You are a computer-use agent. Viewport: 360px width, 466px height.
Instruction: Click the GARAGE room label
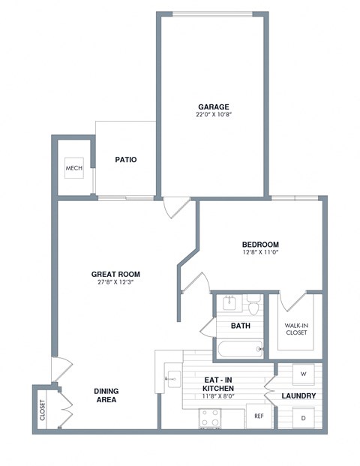pyautogui.click(x=214, y=107)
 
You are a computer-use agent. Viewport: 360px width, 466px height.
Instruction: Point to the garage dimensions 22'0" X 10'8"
pyautogui.click(x=214, y=116)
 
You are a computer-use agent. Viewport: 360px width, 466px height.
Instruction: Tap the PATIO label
pyautogui.click(x=124, y=160)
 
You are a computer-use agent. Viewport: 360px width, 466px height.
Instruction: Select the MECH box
pyautogui.click(x=73, y=168)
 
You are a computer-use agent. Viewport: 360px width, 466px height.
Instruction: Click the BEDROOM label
pyautogui.click(x=260, y=245)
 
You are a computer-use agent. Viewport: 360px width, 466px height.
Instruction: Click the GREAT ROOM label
pyautogui.click(x=115, y=275)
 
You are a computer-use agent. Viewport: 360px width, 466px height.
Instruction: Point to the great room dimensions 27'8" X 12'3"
pyautogui.click(x=115, y=284)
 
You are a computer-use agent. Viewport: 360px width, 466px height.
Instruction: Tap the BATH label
pyautogui.click(x=240, y=326)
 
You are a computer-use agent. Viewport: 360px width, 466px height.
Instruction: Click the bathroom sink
pyautogui.click(x=229, y=304)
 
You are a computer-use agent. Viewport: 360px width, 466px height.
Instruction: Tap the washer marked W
pyautogui.click(x=303, y=373)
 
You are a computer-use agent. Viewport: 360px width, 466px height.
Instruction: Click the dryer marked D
pyautogui.click(x=303, y=417)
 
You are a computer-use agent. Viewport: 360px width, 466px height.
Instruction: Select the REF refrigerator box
pyautogui.click(x=259, y=415)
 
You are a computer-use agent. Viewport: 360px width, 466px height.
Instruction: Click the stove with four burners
pyautogui.click(x=209, y=416)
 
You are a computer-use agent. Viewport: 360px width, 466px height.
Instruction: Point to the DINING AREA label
pyautogui.click(x=106, y=395)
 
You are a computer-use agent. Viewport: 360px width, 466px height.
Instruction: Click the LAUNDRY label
pyautogui.click(x=297, y=395)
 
